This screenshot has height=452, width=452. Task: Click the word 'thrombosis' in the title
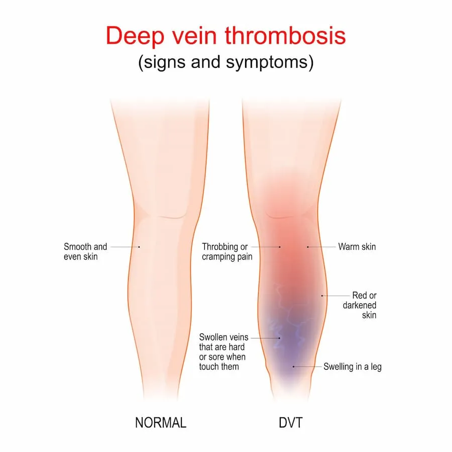[285, 36]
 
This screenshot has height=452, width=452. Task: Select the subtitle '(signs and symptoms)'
[226, 62]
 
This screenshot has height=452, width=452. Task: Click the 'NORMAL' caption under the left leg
[161, 422]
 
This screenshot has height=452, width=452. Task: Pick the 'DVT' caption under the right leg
[291, 422]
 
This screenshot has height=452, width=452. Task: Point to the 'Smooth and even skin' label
[85, 252]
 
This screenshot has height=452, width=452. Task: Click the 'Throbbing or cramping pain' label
[227, 252]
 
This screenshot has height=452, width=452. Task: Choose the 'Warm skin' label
[357, 247]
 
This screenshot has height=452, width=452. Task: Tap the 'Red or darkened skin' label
[360, 305]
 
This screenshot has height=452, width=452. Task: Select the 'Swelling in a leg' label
[352, 367]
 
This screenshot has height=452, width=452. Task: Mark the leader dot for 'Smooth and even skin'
[139, 247]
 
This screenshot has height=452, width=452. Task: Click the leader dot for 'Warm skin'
[308, 247]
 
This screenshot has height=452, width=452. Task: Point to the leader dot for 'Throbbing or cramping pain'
[280, 247]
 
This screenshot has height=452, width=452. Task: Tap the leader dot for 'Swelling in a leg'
[293, 367]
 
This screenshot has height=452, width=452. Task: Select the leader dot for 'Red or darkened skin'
[322, 296]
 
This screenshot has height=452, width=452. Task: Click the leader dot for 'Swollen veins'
[279, 338]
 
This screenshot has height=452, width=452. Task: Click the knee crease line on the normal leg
[172, 216]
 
